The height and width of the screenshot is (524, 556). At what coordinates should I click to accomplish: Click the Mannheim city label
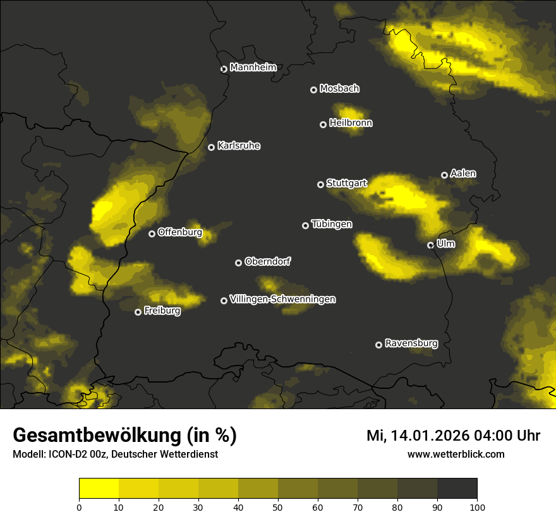(x=253, y=67)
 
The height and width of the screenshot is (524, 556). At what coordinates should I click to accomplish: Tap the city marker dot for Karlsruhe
(x=211, y=147)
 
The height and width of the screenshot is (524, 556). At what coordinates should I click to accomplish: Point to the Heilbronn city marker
(x=323, y=124)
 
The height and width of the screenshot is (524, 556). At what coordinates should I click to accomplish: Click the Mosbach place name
(x=339, y=89)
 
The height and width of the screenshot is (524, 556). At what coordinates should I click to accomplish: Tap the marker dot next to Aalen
(x=444, y=175)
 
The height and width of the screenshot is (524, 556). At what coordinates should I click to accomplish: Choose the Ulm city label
(x=445, y=243)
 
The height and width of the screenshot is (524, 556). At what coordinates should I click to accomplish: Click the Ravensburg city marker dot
(x=378, y=345)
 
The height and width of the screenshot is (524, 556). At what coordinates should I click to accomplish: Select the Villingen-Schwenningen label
(x=282, y=299)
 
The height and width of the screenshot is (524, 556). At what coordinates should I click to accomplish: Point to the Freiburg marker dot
(x=138, y=312)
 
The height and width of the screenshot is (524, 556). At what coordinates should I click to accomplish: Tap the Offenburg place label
(x=179, y=232)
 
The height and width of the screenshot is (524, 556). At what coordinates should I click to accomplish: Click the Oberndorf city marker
(x=238, y=263)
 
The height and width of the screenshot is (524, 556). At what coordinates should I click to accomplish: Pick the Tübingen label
(x=331, y=224)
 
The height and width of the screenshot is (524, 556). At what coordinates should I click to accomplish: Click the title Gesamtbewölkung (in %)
(x=124, y=436)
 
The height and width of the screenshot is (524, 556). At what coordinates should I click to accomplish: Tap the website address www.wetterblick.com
(x=456, y=454)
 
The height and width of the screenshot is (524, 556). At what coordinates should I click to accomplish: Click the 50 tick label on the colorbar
(x=278, y=507)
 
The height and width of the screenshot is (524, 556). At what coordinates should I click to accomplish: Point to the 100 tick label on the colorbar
(x=477, y=507)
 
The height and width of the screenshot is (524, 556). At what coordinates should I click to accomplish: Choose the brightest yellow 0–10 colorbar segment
(x=99, y=489)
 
